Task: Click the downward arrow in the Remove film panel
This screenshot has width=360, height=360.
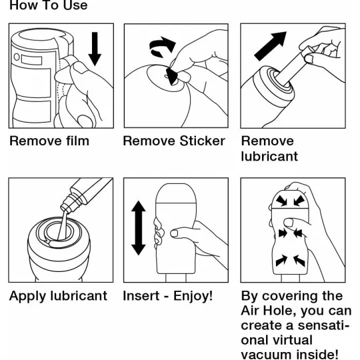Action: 95,49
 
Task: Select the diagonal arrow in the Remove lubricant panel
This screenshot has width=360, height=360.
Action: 270,46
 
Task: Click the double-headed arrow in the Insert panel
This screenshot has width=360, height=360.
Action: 139,228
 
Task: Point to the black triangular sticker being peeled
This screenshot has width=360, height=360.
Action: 172,77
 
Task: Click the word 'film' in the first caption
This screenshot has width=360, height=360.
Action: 77,141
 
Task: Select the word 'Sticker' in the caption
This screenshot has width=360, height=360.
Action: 202,141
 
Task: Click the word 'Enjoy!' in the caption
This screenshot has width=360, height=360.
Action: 193,296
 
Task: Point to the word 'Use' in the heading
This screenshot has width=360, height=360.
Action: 75,5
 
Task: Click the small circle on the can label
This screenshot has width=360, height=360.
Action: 17,57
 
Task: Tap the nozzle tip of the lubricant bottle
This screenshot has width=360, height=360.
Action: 65,209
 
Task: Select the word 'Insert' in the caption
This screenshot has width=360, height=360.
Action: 141,295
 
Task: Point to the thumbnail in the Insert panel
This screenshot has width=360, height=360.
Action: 175,233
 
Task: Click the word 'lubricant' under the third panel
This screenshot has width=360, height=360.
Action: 269,157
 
